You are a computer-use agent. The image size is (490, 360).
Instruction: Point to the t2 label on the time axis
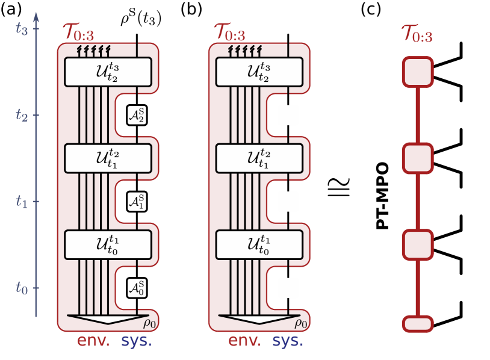point(22,115)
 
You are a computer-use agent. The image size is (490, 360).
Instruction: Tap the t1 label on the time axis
point(22,202)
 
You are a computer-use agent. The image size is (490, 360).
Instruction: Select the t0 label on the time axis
point(22,288)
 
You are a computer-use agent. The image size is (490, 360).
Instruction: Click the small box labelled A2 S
point(137,115)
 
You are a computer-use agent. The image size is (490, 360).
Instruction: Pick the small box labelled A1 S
point(137,202)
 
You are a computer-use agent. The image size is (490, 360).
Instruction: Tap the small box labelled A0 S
point(137,288)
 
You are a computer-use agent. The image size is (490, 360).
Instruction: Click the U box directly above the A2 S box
point(108,72)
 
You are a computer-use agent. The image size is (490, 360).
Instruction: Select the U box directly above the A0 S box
point(108,244)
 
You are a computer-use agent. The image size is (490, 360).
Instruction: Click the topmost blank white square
point(288,115)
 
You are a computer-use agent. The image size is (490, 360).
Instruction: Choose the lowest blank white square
point(288,288)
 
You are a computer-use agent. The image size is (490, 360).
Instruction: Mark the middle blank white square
point(288,202)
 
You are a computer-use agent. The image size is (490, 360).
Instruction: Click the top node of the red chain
point(418,72)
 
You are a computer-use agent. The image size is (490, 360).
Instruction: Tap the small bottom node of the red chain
point(418,324)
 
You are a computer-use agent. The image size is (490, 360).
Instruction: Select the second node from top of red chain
point(418,158)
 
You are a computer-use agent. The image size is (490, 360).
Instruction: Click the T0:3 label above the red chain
point(417,35)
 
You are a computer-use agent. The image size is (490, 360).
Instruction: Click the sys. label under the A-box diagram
point(137,341)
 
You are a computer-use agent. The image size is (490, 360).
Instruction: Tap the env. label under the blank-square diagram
point(245,341)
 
